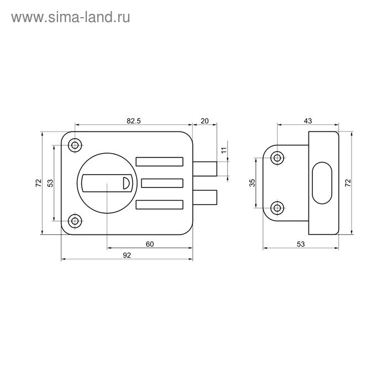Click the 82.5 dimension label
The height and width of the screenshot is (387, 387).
(134, 121)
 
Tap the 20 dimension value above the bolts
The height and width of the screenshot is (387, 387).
(205, 121)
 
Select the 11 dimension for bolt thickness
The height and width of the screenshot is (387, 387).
(224, 150)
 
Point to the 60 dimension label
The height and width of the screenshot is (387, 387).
(150, 244)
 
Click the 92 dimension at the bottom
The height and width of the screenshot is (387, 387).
(127, 255)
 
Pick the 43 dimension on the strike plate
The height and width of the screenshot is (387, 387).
(308, 121)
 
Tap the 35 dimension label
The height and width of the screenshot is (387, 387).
(252, 182)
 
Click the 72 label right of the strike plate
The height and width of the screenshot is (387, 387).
(348, 182)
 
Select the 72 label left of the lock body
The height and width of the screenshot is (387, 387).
(39, 182)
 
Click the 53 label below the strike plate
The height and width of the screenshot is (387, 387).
(301, 244)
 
